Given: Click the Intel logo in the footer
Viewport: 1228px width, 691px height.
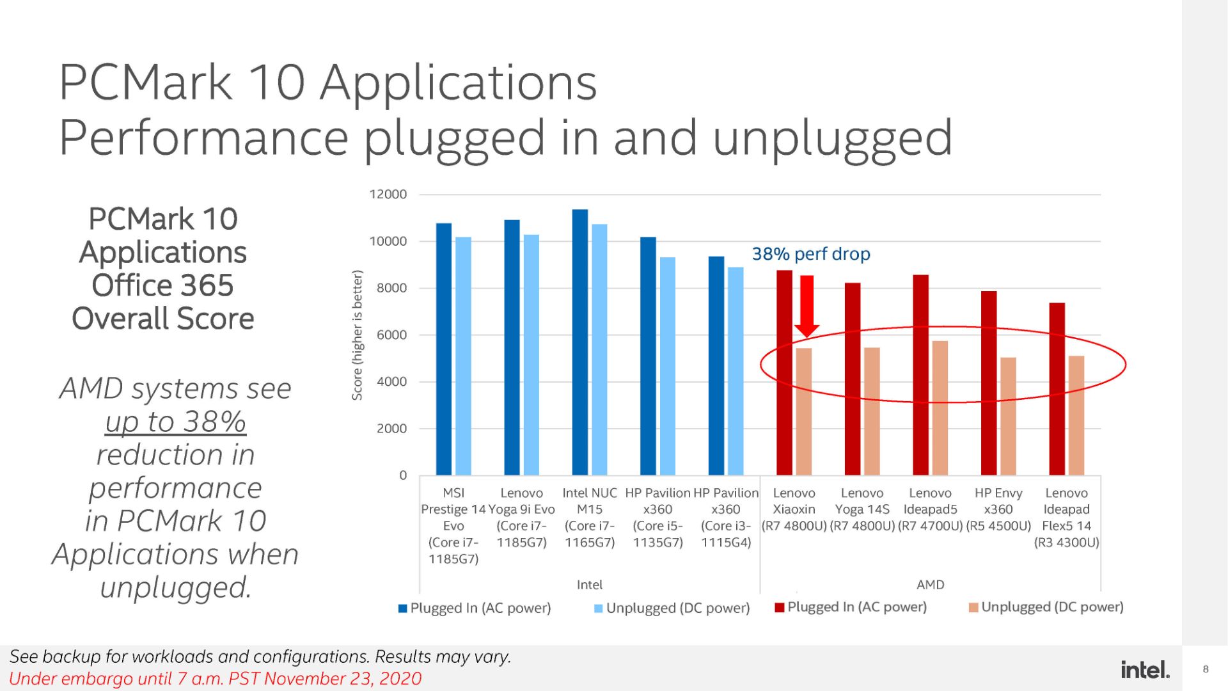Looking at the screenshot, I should [x=1145, y=670].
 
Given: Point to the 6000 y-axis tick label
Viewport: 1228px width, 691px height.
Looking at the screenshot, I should [x=391, y=335].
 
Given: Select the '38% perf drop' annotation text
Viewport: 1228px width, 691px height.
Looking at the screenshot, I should [x=810, y=254].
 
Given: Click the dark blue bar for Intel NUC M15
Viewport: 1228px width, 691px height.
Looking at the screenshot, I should [x=580, y=342].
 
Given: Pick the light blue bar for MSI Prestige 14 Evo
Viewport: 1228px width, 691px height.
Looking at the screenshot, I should [x=463, y=356].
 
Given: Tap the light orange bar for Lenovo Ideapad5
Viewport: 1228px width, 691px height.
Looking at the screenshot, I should [x=940, y=408].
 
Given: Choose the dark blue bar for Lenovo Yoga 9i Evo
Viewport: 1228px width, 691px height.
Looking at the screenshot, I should [x=512, y=347].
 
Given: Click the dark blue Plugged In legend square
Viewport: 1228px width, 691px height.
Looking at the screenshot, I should [x=403, y=608].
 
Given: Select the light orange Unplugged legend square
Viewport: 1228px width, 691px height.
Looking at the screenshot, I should [x=973, y=607].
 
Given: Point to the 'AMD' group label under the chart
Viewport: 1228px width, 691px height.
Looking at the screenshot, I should [x=930, y=585].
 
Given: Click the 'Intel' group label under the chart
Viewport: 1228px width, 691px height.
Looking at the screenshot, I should [x=589, y=585].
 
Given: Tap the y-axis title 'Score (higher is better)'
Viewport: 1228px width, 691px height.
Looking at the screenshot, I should [x=357, y=335].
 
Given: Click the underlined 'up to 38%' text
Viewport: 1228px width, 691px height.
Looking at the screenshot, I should [x=175, y=422].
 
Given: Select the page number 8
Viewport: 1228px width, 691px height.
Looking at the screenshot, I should [x=1206, y=669].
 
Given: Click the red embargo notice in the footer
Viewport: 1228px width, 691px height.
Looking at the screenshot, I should [x=216, y=679].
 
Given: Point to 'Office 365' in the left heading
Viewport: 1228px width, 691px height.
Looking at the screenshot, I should [x=162, y=285].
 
